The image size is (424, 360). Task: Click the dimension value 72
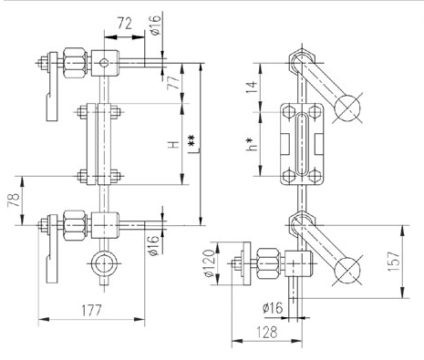(x=125, y=24)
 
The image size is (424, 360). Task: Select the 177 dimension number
(x=91, y=311)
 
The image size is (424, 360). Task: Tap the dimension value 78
(x=14, y=200)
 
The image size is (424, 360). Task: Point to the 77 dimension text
(x=173, y=82)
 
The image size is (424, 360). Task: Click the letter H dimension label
(x=174, y=145)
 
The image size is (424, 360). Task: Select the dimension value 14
(x=252, y=87)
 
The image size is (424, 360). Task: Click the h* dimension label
(x=252, y=144)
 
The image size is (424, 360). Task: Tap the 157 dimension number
(x=394, y=262)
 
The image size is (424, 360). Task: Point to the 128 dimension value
(x=267, y=332)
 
